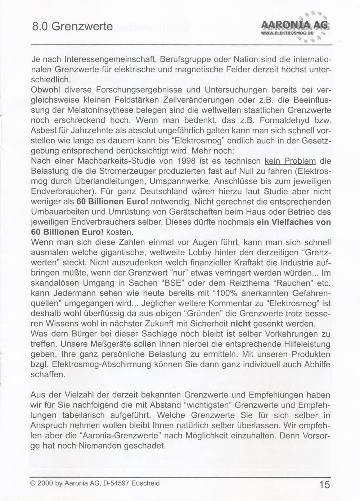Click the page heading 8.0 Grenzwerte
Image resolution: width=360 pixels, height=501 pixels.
tap(72, 27)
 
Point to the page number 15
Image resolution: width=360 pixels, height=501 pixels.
tap(324, 484)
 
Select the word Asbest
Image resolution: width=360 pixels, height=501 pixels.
tap(42, 130)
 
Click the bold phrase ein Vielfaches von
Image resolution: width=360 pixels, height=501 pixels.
tap(294, 222)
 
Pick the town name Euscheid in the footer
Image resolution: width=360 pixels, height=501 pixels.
tap(146, 483)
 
